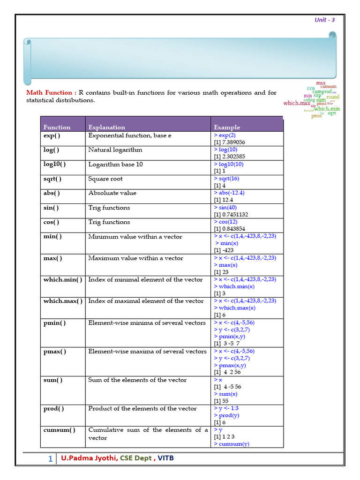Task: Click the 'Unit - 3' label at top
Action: coord(324,20)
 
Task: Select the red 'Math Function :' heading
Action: coord(51,93)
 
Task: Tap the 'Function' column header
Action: coord(57,127)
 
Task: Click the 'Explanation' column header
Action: coord(106,127)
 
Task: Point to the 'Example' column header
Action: coord(227,127)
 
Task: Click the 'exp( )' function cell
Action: coord(52,135)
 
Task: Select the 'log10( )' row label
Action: coord(54,164)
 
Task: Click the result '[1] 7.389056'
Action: coord(229,142)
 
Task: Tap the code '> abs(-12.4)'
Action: coord(229,193)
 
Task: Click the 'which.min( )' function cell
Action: coord(63,279)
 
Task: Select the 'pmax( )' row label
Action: coord(55,351)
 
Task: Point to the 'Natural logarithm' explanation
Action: coord(115,150)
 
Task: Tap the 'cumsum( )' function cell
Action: coord(59,430)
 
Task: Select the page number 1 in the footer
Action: coord(50,459)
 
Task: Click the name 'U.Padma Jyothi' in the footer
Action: coord(89,458)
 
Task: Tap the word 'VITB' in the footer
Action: coord(165,458)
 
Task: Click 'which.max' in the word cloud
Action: coord(297,103)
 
